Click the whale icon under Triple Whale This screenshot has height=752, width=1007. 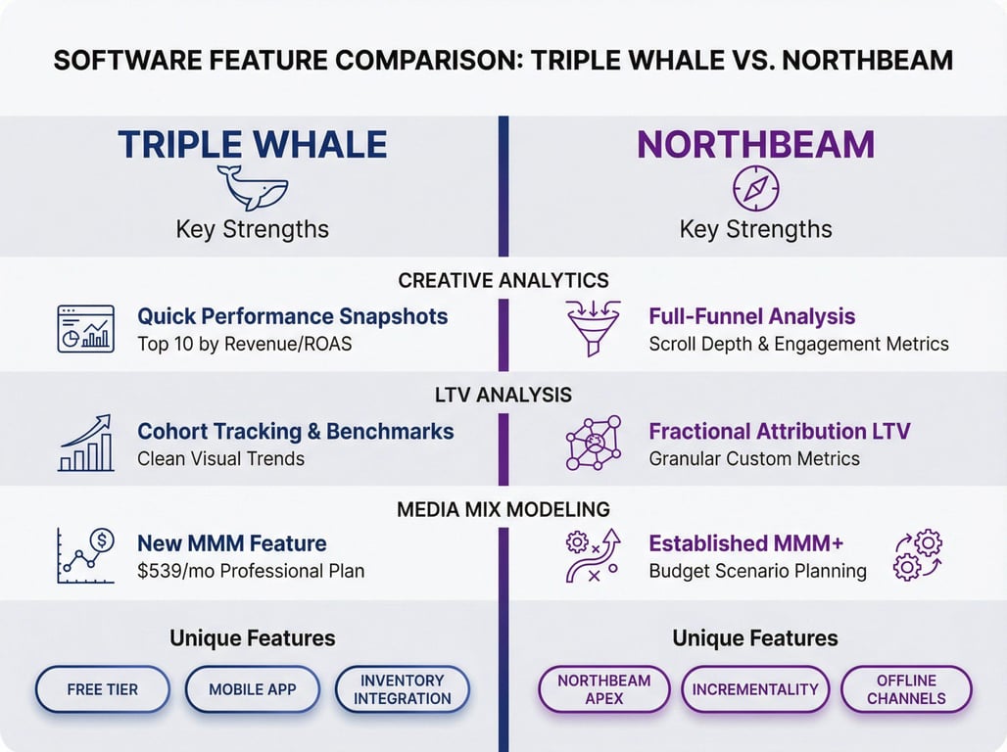pyautogui.click(x=252, y=187)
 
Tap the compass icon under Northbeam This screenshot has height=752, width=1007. pyautogui.click(x=755, y=188)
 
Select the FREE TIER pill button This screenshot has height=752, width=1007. pyautogui.click(x=103, y=689)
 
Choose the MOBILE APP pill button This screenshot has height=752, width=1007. pyautogui.click(x=252, y=689)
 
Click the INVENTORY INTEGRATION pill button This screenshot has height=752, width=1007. pyautogui.click(x=402, y=689)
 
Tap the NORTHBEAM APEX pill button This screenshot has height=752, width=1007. pyautogui.click(x=603, y=689)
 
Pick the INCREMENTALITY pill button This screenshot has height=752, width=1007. pyautogui.click(x=755, y=689)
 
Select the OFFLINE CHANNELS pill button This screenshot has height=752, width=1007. pyautogui.click(x=906, y=689)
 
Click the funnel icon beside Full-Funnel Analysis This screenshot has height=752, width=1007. pyautogui.click(x=593, y=328)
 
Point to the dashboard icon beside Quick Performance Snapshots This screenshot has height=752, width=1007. pyautogui.click(x=85, y=328)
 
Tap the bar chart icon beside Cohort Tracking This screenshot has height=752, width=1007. pyautogui.click(x=85, y=443)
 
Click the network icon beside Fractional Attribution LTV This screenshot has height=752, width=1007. pyautogui.click(x=593, y=443)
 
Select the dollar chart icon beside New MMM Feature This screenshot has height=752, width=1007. pyautogui.click(x=85, y=555)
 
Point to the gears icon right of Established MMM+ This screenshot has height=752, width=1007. pyautogui.click(x=918, y=555)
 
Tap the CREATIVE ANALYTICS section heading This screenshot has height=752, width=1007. pyautogui.click(x=503, y=281)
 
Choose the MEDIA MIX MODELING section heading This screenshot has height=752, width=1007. pyautogui.click(x=503, y=509)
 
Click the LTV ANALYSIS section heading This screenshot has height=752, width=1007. pyautogui.click(x=503, y=396)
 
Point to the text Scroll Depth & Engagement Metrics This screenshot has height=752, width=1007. pyautogui.click(x=798, y=344)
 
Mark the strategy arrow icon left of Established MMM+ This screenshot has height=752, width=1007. pyautogui.click(x=593, y=555)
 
